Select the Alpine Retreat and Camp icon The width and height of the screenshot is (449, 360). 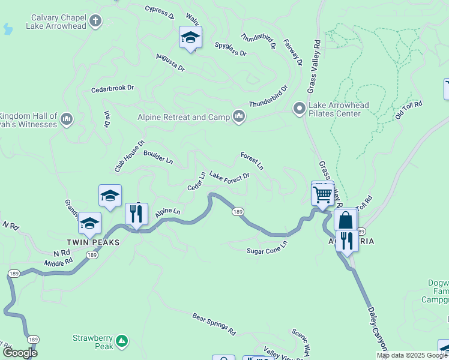pyautogui.click(x=239, y=116)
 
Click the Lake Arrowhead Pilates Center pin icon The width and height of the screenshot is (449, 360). pyautogui.click(x=299, y=109)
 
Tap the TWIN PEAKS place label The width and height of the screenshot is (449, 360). pyautogui.click(x=93, y=242)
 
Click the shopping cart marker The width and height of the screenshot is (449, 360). pyautogui.click(x=323, y=194)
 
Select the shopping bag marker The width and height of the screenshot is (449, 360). pyautogui.click(x=346, y=220)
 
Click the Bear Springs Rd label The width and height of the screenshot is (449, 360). pyautogui.click(x=214, y=323)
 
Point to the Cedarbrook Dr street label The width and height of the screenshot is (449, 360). pyautogui.click(x=112, y=88)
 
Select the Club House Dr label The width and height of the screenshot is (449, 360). pyautogui.click(x=130, y=156)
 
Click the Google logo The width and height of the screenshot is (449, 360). pyautogui.click(x=20, y=353)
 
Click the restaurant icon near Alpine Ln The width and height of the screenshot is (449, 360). pyautogui.click(x=137, y=214)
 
